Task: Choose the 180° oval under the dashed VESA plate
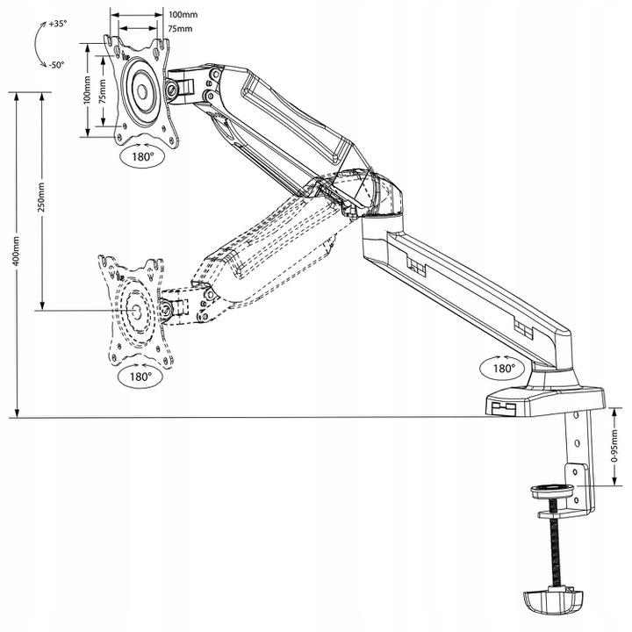140,376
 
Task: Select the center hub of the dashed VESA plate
136,309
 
